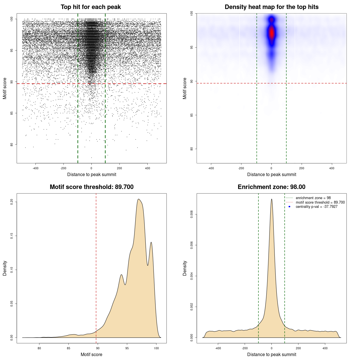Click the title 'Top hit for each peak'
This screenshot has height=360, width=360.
click(x=91, y=7)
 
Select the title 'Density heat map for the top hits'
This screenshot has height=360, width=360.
click(x=271, y=7)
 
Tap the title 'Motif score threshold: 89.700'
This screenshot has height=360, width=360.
click(x=91, y=187)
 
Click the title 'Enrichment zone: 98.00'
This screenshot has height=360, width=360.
click(x=271, y=187)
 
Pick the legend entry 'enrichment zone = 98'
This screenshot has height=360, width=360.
click(x=313, y=198)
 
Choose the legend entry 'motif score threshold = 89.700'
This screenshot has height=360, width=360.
click(x=320, y=202)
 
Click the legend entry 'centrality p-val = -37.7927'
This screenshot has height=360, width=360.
click(x=316, y=207)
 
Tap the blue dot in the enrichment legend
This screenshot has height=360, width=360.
click(x=289, y=207)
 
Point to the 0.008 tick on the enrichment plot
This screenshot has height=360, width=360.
click(x=192, y=214)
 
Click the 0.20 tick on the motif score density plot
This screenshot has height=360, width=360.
click(x=12, y=202)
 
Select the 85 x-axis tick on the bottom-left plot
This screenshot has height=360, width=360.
click(x=69, y=348)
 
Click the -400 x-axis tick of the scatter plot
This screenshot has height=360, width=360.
click(x=35, y=168)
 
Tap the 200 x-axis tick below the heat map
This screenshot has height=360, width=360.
click(x=301, y=168)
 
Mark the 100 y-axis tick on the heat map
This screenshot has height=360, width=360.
click(x=192, y=13)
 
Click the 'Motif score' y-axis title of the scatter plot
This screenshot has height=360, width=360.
click(x=5, y=88)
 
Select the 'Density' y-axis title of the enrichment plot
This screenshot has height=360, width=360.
click(x=185, y=268)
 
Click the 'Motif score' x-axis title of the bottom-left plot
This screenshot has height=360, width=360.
click(x=91, y=354)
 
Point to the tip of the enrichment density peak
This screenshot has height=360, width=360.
click(x=271, y=199)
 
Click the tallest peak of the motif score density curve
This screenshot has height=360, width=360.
click(x=138, y=199)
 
